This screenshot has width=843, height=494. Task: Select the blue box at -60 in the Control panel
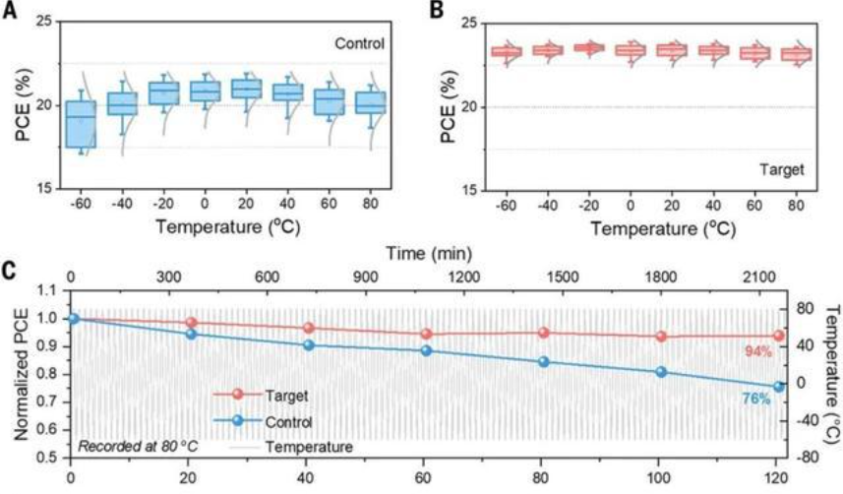click(81, 124)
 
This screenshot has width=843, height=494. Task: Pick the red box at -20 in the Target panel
click(588, 46)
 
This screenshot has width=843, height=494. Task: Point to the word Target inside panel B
click(782, 168)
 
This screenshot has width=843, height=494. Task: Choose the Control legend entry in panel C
click(288, 422)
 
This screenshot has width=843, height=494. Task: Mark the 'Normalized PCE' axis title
click(23, 374)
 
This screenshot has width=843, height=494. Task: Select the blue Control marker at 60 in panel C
click(425, 350)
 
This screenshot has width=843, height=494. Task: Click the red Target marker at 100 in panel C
click(661, 337)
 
